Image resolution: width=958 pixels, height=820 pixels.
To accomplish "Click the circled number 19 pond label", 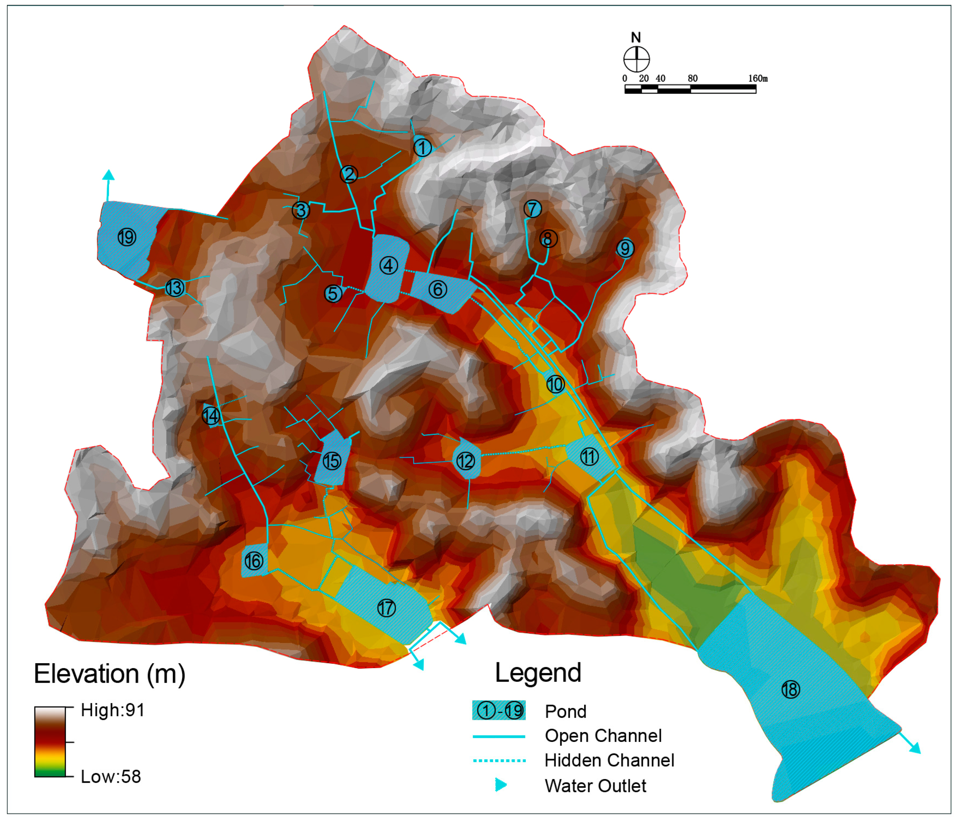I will point(127,237).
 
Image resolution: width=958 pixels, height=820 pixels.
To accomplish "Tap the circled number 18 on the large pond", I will point(791,690).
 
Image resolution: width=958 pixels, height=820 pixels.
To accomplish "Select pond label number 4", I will point(388,266).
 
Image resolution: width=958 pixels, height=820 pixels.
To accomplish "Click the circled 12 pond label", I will point(465,461).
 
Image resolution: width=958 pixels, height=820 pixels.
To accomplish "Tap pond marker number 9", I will point(625,249).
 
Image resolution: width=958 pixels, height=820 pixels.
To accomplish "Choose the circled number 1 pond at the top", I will point(422,148).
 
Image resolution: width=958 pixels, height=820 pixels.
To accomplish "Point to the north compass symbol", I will point(636,59).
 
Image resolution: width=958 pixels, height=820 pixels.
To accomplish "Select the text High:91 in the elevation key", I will point(113,710).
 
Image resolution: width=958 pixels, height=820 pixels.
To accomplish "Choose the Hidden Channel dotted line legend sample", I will point(499,760).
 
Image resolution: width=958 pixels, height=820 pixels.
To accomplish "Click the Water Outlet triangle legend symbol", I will point(501,785).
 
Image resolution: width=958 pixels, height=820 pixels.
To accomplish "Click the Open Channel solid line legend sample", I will point(499,736).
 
